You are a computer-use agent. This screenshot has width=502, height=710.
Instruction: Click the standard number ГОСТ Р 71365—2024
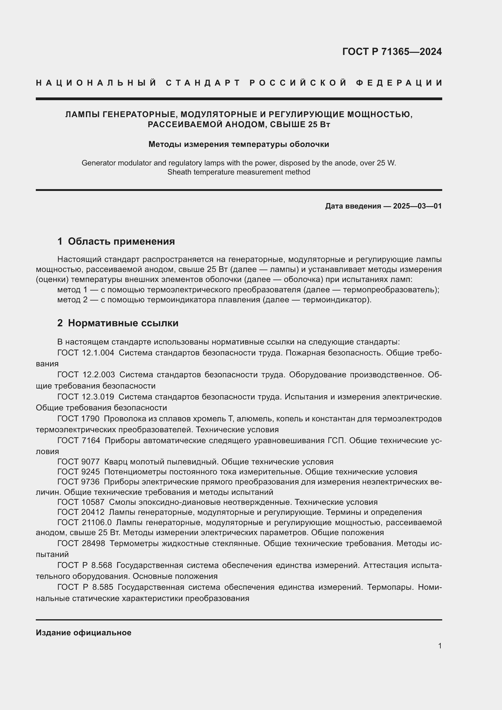(392, 52)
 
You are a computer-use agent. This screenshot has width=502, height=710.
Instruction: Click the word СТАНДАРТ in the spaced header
(203, 83)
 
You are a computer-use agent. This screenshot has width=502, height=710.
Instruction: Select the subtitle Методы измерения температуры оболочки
(239, 144)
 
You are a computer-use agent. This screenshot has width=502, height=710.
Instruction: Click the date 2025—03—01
(417, 206)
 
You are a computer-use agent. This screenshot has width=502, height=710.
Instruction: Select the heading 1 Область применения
(116, 241)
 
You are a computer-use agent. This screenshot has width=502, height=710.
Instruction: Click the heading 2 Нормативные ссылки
(118, 323)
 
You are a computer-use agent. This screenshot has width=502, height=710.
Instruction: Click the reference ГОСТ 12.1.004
(86, 353)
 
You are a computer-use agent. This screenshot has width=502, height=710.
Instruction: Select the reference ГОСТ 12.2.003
(86, 375)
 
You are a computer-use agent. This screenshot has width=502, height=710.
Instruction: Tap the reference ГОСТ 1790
(78, 419)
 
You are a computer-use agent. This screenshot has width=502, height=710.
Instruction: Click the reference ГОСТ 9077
(79, 462)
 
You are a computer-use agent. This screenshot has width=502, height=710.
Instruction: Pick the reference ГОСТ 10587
(81, 502)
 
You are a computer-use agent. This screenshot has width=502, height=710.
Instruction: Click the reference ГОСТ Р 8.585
(85, 587)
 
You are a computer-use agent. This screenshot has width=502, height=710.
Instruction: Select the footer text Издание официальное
(83, 633)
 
